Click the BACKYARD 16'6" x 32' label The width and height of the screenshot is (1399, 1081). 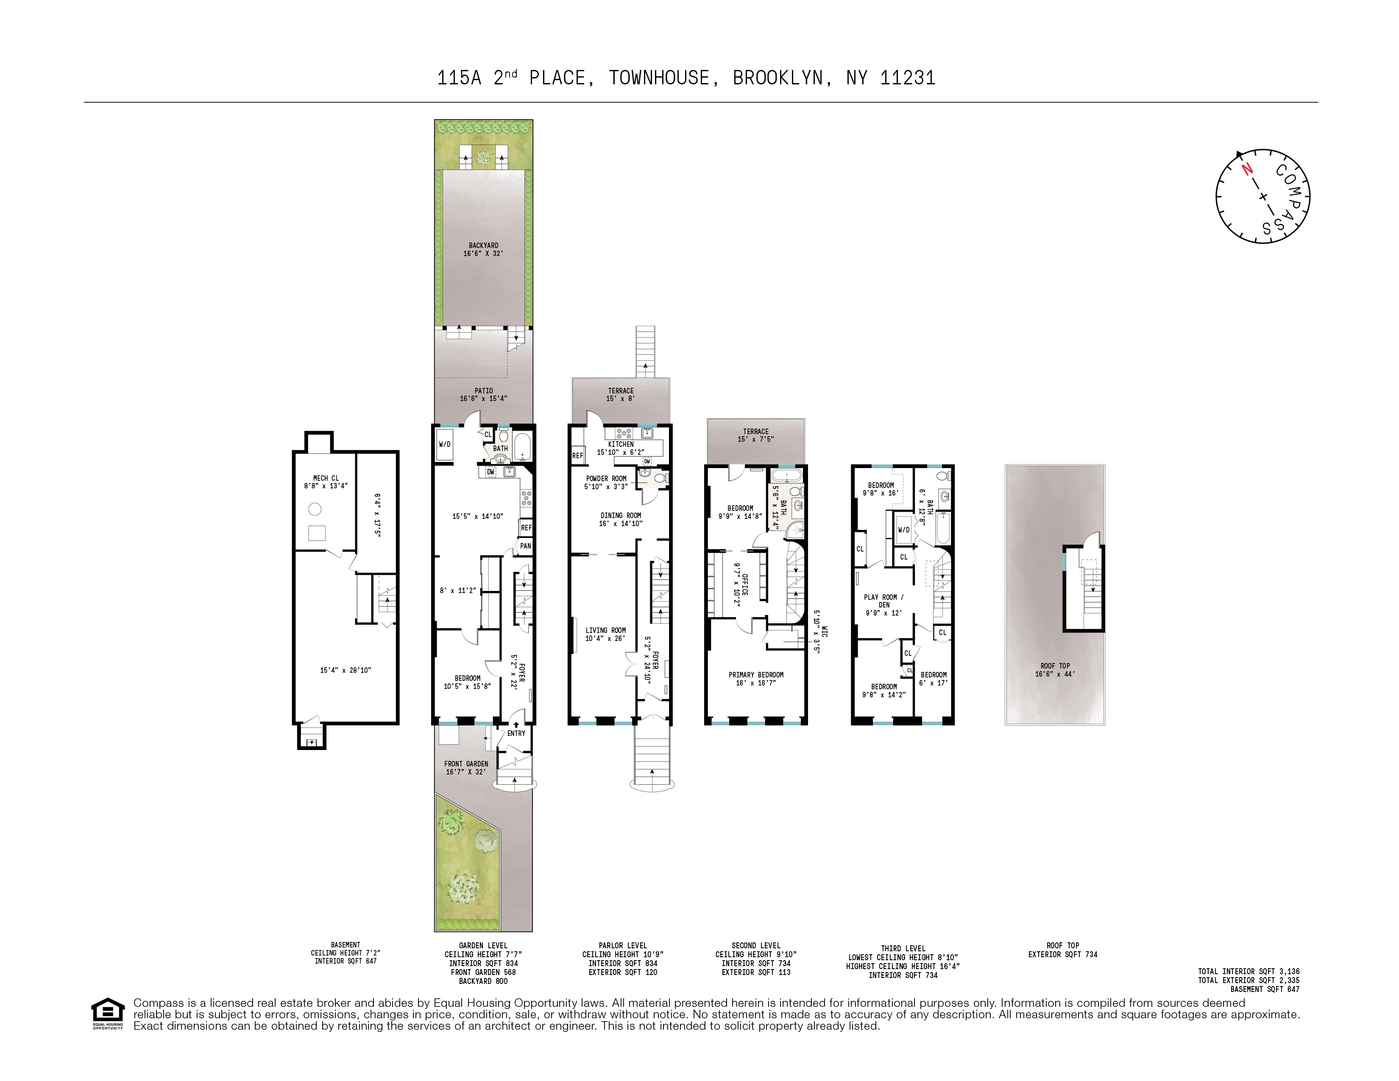click(483, 250)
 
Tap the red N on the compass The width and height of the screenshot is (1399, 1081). click(1246, 169)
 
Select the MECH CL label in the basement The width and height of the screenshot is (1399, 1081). click(326, 478)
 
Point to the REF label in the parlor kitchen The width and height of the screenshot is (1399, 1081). click(577, 456)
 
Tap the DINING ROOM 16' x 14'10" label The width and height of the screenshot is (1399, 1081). click(620, 519)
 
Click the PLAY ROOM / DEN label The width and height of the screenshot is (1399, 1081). click(883, 601)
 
